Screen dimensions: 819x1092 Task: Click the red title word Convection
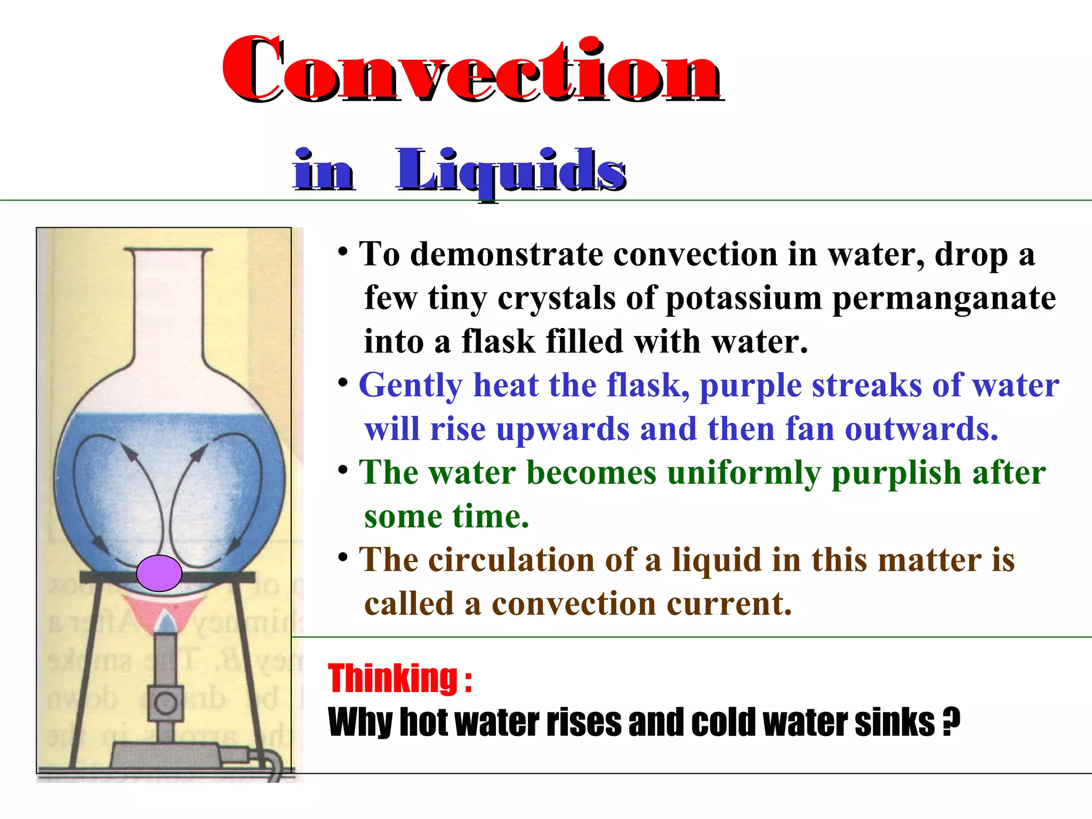click(x=472, y=69)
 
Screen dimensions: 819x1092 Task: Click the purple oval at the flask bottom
click(x=159, y=573)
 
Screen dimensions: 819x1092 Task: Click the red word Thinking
click(x=393, y=678)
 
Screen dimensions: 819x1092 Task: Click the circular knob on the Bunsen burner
click(x=165, y=703)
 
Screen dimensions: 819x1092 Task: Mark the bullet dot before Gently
click(x=344, y=382)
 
